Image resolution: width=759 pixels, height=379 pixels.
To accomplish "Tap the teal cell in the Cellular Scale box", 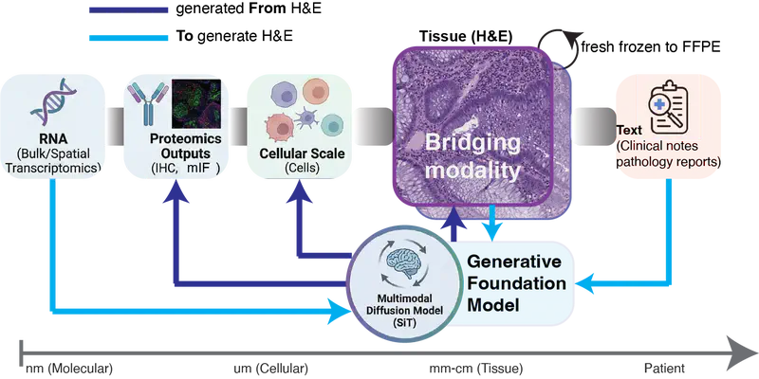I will (x=332, y=125).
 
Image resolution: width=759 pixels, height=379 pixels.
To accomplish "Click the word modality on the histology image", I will (x=472, y=171).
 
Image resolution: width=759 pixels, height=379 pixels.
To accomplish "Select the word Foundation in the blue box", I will (x=518, y=283).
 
